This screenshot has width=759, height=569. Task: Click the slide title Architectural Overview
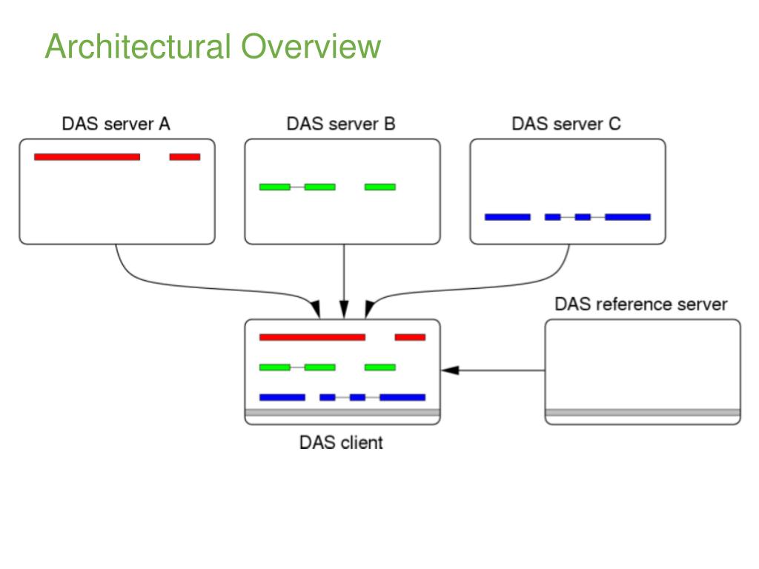click(x=213, y=47)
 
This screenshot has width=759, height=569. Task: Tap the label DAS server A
click(x=116, y=124)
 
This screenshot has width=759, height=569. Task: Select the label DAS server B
click(x=341, y=124)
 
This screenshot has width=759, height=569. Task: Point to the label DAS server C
click(x=566, y=124)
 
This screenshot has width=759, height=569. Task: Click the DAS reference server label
click(x=641, y=305)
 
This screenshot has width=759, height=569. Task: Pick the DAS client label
click(x=341, y=442)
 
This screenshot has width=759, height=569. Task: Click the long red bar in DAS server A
click(x=87, y=157)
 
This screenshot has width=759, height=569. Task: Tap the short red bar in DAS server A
click(x=185, y=157)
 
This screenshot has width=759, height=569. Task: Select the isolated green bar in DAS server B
click(x=380, y=187)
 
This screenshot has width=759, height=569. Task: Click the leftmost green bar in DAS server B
click(x=275, y=187)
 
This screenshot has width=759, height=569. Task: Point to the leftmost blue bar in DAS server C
click(x=507, y=217)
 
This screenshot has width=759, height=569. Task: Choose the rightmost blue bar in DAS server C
click(x=628, y=217)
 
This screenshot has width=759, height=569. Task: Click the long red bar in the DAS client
click(x=312, y=337)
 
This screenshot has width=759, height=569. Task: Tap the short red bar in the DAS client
click(x=410, y=337)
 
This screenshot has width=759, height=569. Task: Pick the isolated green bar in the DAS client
click(x=380, y=367)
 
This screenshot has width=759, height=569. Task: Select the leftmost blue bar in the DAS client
click(x=282, y=397)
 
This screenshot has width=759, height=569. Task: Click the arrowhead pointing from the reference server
click(x=450, y=370)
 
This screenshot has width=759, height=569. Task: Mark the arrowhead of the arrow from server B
click(x=344, y=310)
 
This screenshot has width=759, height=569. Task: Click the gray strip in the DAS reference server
click(x=643, y=413)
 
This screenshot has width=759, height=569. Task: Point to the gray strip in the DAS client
click(x=342, y=413)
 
